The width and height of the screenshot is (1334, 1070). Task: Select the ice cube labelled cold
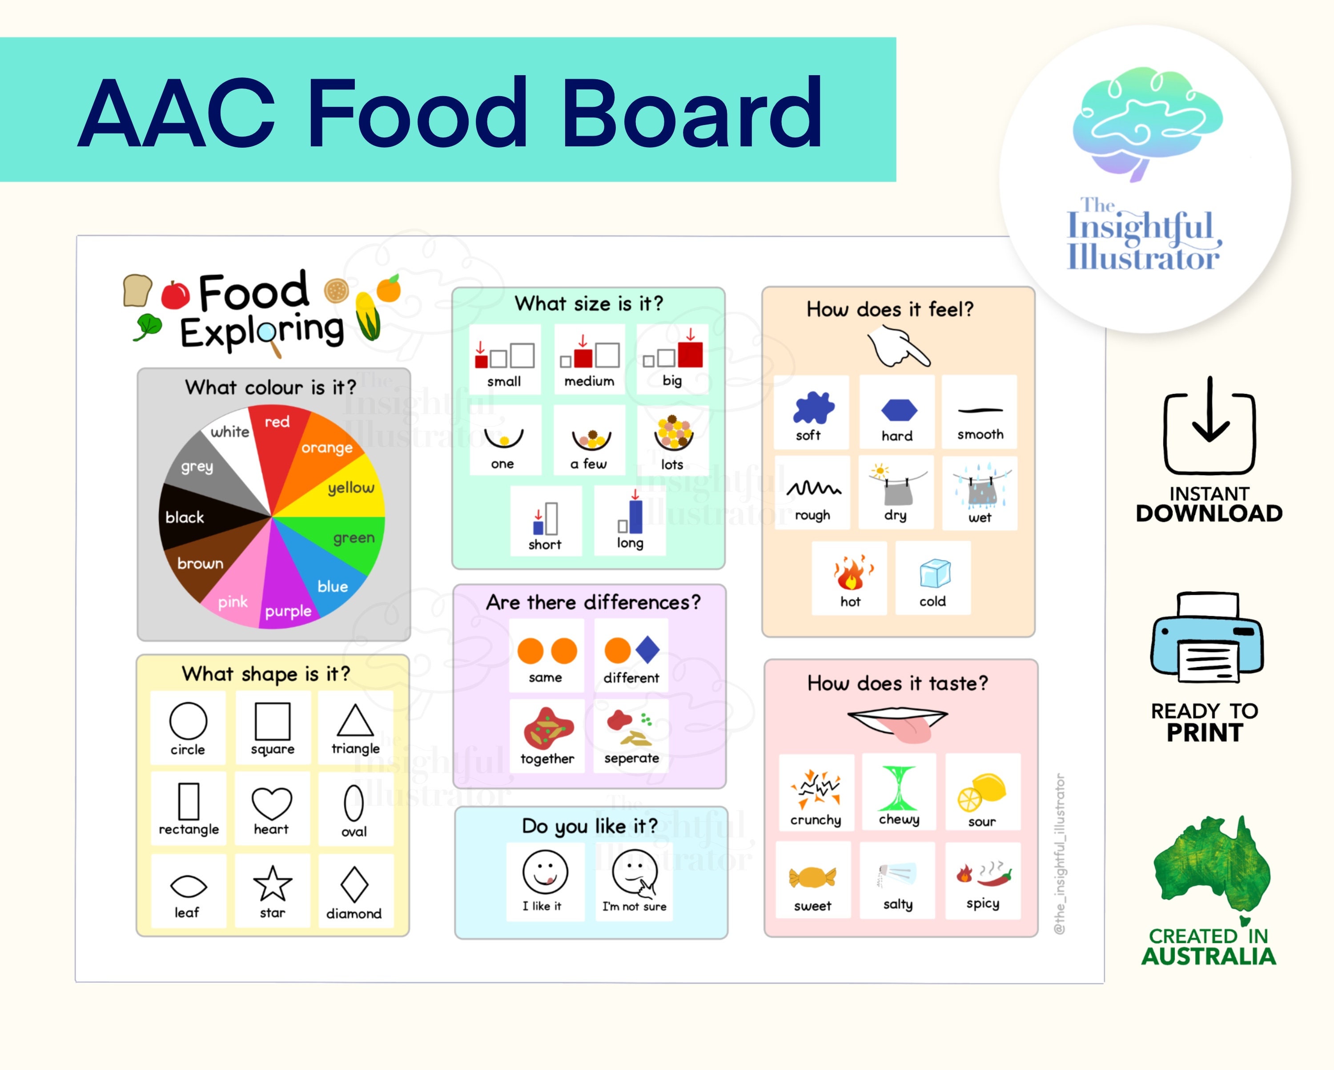point(934,573)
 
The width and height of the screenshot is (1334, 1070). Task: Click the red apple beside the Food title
point(175,294)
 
